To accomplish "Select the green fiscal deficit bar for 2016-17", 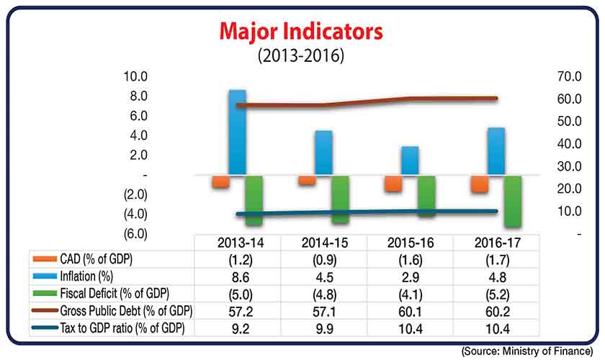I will coord(513,201).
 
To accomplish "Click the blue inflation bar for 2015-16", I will coord(410,160).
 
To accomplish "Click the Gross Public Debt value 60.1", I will coord(410,312).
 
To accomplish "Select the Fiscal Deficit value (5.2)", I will coord(496,294).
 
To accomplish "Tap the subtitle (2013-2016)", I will coord(302,55).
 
